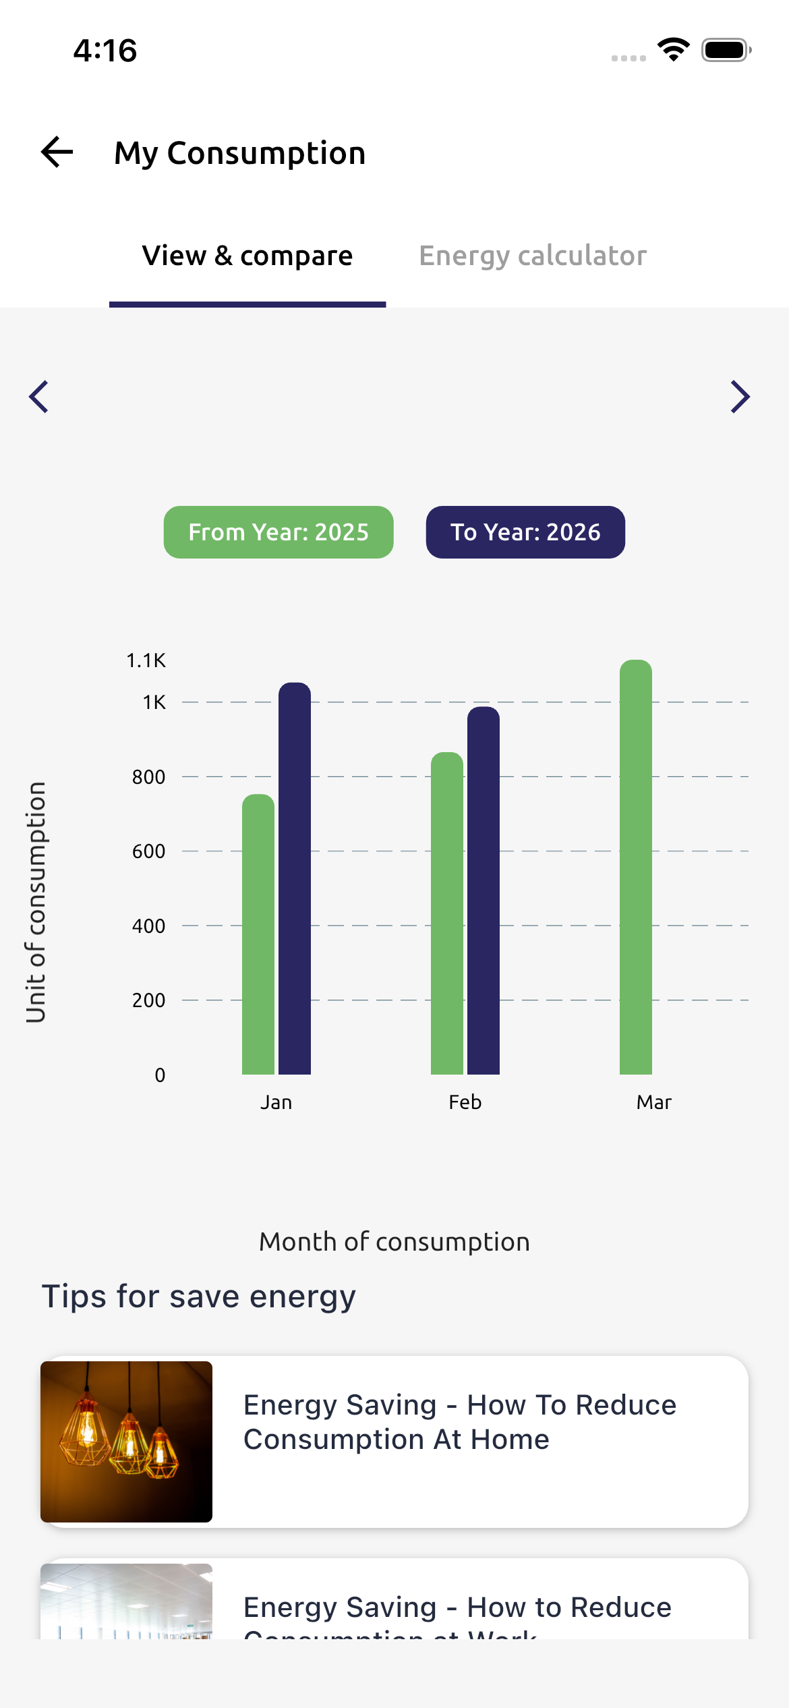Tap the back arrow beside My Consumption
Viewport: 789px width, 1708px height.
[x=57, y=152]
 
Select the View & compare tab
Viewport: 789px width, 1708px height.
[x=247, y=256]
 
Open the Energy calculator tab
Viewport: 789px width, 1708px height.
[x=533, y=256]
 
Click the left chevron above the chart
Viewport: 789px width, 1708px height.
[x=39, y=397]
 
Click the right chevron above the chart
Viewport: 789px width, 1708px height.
[x=740, y=397]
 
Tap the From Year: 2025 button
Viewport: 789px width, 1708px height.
[x=279, y=532]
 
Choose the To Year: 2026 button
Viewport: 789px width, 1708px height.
[x=525, y=532]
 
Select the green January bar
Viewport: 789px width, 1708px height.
[x=258, y=934]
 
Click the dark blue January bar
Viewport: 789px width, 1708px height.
[x=295, y=877]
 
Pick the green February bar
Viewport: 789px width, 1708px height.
[x=447, y=914]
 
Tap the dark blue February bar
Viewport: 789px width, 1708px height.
[x=484, y=890]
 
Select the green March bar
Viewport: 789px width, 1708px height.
[x=636, y=867]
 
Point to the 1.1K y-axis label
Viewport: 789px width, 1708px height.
[x=146, y=660]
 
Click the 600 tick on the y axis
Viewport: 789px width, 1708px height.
[x=148, y=851]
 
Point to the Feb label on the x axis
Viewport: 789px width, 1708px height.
[x=465, y=1102]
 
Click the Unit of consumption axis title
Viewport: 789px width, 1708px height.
[x=36, y=902]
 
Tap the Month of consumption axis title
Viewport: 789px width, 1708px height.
[x=394, y=1242]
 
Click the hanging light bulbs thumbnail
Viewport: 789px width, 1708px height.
[x=127, y=1442]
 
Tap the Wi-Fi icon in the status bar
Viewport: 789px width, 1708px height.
[x=673, y=50]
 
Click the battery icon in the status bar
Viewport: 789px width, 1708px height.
[x=726, y=50]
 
